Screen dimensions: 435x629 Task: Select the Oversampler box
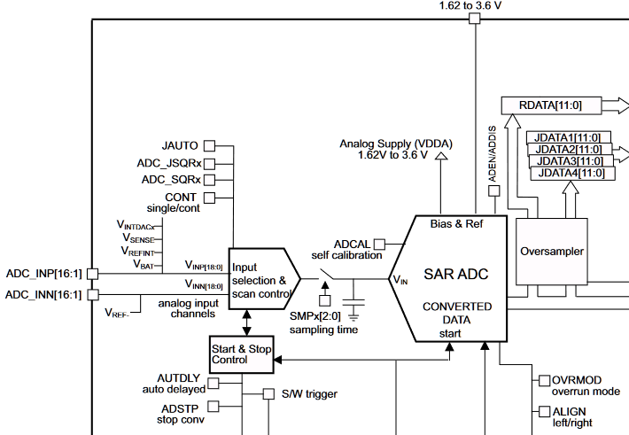[551, 251]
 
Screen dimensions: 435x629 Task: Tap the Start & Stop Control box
[241, 354]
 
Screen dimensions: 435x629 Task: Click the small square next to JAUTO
[210, 145]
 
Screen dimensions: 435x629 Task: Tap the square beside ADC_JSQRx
[210, 163]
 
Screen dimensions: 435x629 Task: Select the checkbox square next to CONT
[210, 197]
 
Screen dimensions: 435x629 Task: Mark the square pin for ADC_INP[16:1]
[92, 275]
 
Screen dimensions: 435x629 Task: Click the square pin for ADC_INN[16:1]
[92, 294]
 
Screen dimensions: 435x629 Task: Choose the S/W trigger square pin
[270, 394]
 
